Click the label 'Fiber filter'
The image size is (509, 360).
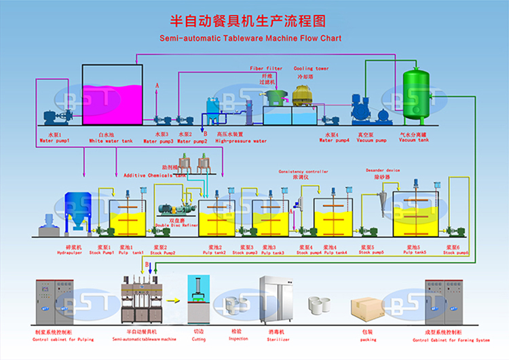pyautogui.click(x=266, y=69)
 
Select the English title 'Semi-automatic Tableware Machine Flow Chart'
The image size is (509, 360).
pyautogui.click(x=250, y=39)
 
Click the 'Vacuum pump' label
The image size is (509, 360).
pyautogui.click(x=371, y=141)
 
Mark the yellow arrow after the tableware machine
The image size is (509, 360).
pyautogui.click(x=174, y=299)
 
